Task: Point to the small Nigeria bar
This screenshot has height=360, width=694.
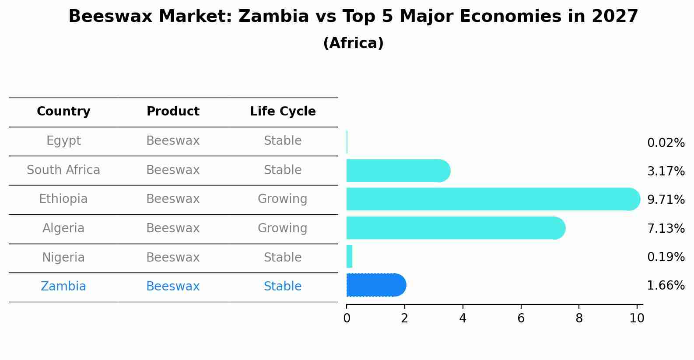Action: (349, 256)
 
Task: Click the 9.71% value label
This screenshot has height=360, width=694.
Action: (666, 200)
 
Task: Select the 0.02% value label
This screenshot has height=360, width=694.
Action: (666, 143)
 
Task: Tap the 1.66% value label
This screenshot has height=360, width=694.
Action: (666, 286)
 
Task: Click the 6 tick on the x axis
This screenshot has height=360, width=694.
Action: (521, 318)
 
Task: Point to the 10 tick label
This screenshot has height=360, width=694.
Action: (637, 318)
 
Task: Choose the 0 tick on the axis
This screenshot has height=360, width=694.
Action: (347, 318)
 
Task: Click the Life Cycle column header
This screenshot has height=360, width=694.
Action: (283, 112)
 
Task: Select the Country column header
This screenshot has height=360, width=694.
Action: (63, 112)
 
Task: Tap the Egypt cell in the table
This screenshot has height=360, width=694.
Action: (63, 141)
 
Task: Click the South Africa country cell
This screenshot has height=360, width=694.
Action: (63, 170)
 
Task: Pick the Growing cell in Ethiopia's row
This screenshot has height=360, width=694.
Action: (282, 199)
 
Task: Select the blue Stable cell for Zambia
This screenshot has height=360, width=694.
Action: (282, 287)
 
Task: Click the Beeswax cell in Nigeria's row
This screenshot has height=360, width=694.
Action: (173, 258)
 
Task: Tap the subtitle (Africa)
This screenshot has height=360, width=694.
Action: (353, 43)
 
